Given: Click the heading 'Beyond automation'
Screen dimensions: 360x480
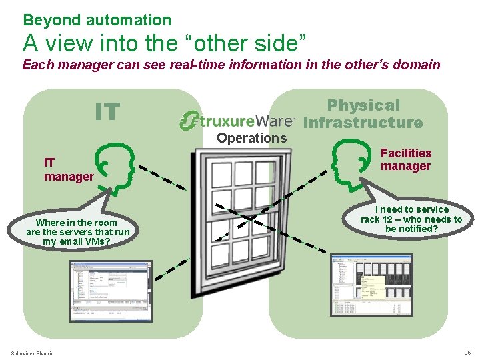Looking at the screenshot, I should click(x=97, y=20).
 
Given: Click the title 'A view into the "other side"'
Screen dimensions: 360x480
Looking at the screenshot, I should click(x=165, y=43).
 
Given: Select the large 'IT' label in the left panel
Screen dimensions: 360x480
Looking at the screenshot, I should click(x=107, y=112).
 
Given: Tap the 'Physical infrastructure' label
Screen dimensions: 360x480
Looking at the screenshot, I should click(x=363, y=114).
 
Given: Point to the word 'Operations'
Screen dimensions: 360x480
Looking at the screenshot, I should click(x=251, y=138).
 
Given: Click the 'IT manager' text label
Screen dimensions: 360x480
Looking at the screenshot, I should click(x=68, y=169).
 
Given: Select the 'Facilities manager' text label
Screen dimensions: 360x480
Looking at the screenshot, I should click(x=405, y=160).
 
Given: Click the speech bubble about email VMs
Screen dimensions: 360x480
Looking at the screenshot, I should click(x=78, y=231).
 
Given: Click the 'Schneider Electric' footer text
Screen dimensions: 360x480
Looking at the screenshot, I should click(x=32, y=353).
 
